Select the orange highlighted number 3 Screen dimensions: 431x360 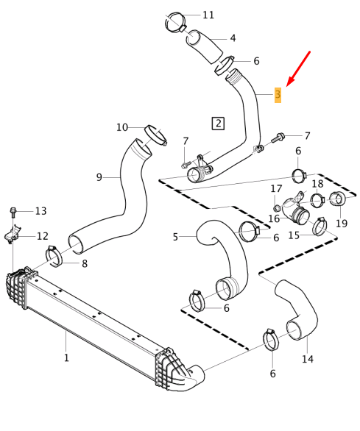click(x=278, y=95)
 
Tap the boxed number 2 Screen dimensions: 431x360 click(x=218, y=123)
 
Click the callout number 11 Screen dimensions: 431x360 click(x=208, y=15)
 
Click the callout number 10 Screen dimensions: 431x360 click(x=122, y=127)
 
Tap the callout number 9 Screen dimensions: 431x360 click(x=99, y=177)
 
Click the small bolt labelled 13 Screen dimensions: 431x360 click(x=13, y=213)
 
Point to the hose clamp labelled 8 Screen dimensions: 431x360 click(x=54, y=257)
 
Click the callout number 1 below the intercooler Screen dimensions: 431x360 click(x=66, y=358)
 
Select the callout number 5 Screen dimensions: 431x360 click(x=175, y=237)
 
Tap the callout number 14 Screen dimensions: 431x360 click(x=308, y=359)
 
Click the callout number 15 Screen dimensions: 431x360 click(x=294, y=235)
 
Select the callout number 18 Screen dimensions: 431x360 click(x=317, y=183)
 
